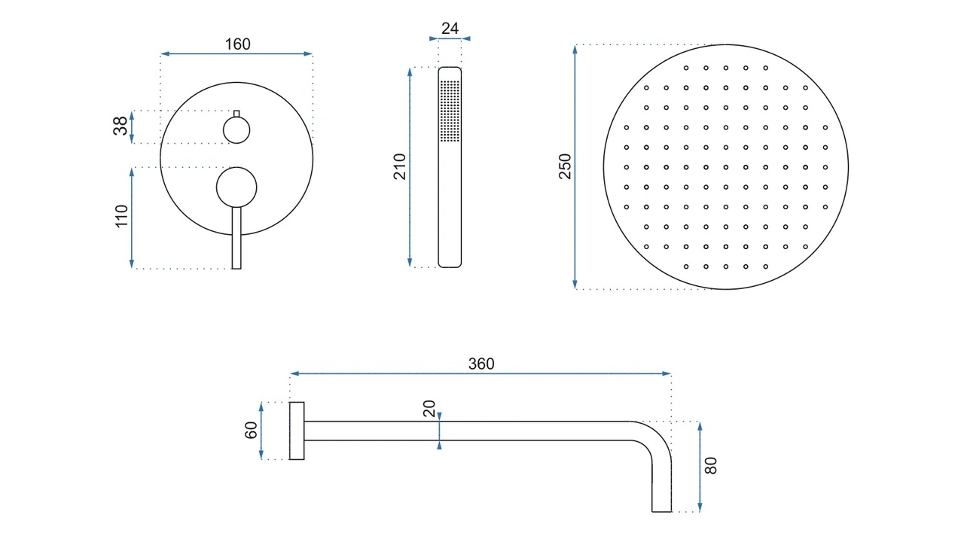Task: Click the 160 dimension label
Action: [x=237, y=44]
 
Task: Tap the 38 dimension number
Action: [x=120, y=126]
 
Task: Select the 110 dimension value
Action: [x=122, y=216]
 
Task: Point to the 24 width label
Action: [x=450, y=29]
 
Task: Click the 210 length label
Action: [x=400, y=166]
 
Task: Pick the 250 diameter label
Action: [x=565, y=166]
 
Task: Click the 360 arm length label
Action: [x=481, y=364]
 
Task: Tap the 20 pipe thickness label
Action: [x=429, y=409]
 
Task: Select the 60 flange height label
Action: [x=251, y=430]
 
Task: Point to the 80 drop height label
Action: [x=710, y=466]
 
